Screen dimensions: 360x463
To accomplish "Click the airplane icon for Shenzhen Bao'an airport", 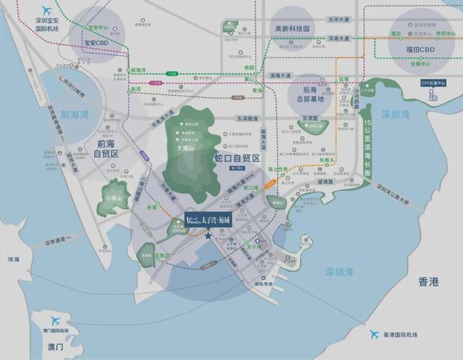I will (48, 11).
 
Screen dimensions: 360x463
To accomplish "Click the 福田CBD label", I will (427, 51).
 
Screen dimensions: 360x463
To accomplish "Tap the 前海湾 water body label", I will (75, 114).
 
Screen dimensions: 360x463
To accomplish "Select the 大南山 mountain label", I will (185, 149).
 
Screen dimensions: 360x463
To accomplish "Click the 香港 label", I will (428, 282).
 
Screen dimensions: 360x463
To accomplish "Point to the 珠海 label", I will (15, 260).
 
